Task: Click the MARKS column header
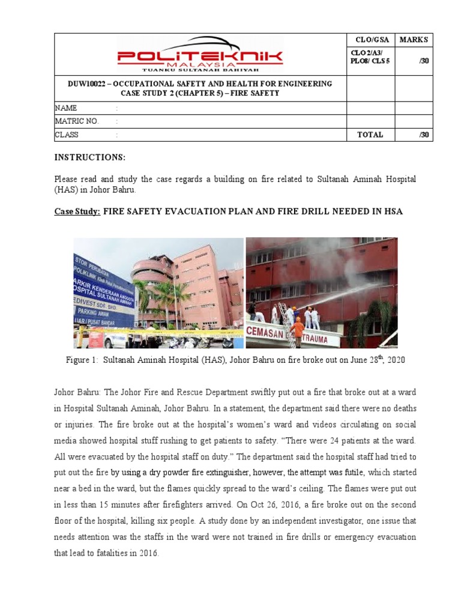(x=414, y=40)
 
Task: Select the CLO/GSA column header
(x=372, y=40)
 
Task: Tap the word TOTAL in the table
(x=370, y=135)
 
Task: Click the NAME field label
(x=66, y=108)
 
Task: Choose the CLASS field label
(x=67, y=135)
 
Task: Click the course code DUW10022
(x=88, y=83)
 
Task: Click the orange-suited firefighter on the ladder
(x=297, y=330)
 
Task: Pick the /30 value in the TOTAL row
(x=424, y=135)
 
